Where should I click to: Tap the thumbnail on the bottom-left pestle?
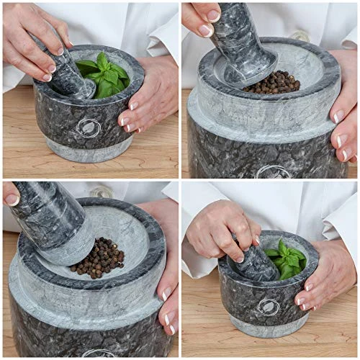click(12, 199)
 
